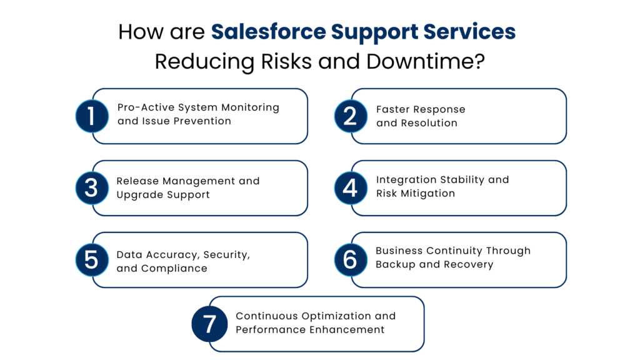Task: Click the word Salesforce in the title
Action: [x=268, y=31]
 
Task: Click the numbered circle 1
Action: [x=92, y=116]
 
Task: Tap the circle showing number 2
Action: [x=351, y=116]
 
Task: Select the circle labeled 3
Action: [x=92, y=188]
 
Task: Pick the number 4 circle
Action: [x=351, y=188]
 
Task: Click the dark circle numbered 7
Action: [x=209, y=324]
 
